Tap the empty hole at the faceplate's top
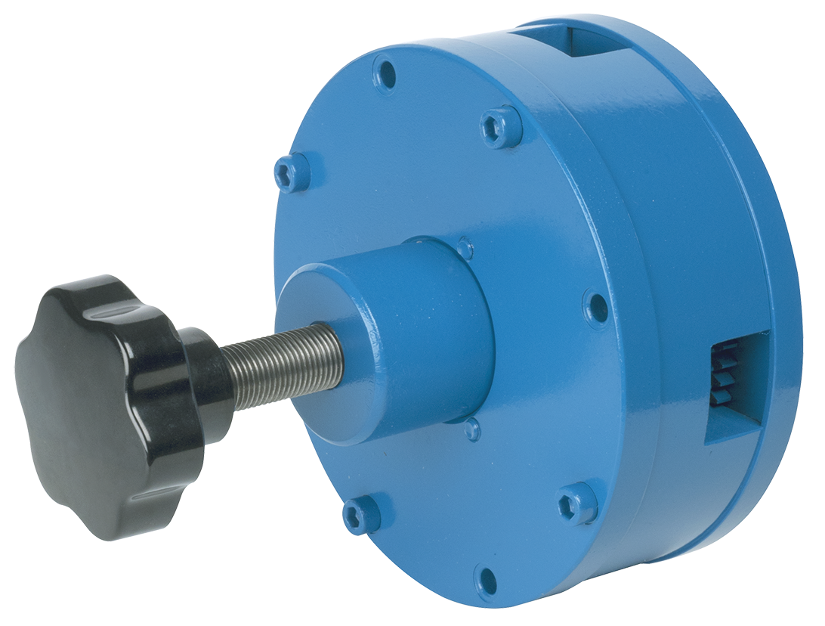click(386, 73)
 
